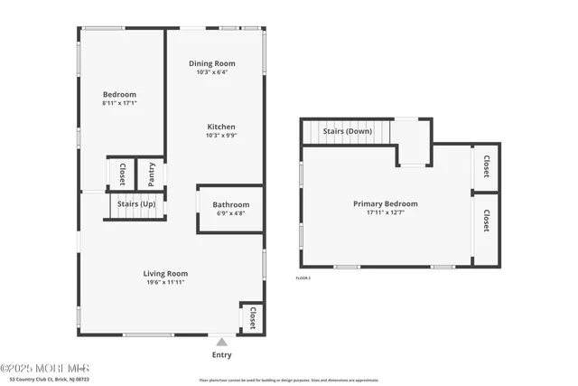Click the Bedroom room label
[x=119, y=95]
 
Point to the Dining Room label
[x=212, y=63]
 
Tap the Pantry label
[x=150, y=173]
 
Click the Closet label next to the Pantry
[x=121, y=173]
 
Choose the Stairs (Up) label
[x=135, y=204]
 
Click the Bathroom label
[x=231, y=205]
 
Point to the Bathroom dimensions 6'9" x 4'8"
[x=231, y=214]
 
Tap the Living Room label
[x=165, y=273]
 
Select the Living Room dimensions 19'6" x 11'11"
[x=165, y=282]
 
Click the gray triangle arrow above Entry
[x=221, y=342]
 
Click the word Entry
[x=221, y=354]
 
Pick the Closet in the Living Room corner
[x=253, y=317]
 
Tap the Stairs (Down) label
[x=347, y=132]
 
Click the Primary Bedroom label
[x=385, y=204]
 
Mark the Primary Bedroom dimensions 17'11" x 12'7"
[x=385, y=213]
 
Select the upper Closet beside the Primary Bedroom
[x=486, y=166]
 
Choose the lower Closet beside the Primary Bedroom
[x=486, y=221]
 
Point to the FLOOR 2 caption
[x=303, y=278]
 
